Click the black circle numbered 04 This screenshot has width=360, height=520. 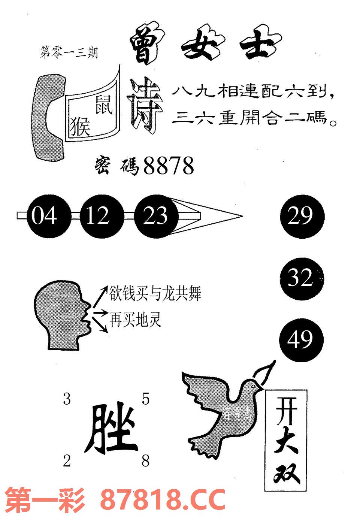(44, 216)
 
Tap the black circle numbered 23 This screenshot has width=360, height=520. (155, 216)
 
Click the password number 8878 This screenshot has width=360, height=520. (169, 166)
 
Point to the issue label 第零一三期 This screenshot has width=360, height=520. (68, 52)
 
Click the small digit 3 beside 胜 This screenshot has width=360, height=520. (67, 399)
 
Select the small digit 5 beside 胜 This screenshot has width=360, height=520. (145, 399)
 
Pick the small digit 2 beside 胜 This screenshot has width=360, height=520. (67, 461)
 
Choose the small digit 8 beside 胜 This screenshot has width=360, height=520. (145, 461)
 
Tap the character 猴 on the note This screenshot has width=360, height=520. (81, 126)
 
